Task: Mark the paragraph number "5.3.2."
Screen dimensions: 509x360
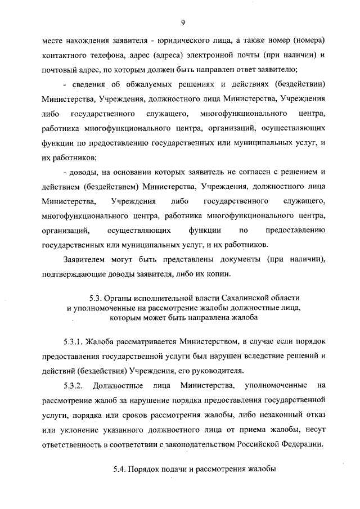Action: (74, 385)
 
